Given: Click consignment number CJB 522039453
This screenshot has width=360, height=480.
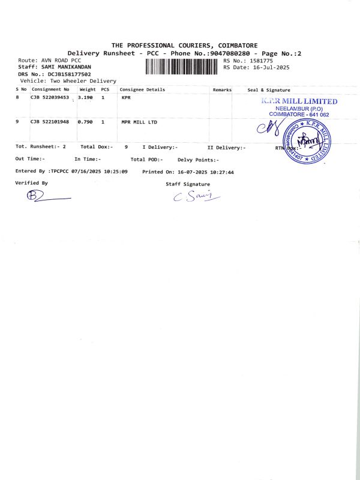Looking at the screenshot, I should [x=50, y=97].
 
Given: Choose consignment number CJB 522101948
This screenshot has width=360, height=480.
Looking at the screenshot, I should [x=50, y=122].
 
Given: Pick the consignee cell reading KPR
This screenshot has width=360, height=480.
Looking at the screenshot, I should [x=126, y=97].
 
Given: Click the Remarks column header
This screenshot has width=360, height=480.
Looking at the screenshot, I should [x=222, y=89].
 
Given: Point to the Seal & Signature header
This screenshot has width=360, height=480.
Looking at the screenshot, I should [x=269, y=89].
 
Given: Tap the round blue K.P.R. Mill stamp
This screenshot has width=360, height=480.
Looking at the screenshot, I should [x=307, y=140].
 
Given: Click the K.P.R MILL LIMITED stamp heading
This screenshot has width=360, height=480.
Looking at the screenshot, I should [x=299, y=101].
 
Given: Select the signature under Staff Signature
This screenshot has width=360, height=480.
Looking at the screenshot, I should [x=196, y=196].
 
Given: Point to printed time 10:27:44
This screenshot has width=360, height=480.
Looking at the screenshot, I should [x=221, y=172].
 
